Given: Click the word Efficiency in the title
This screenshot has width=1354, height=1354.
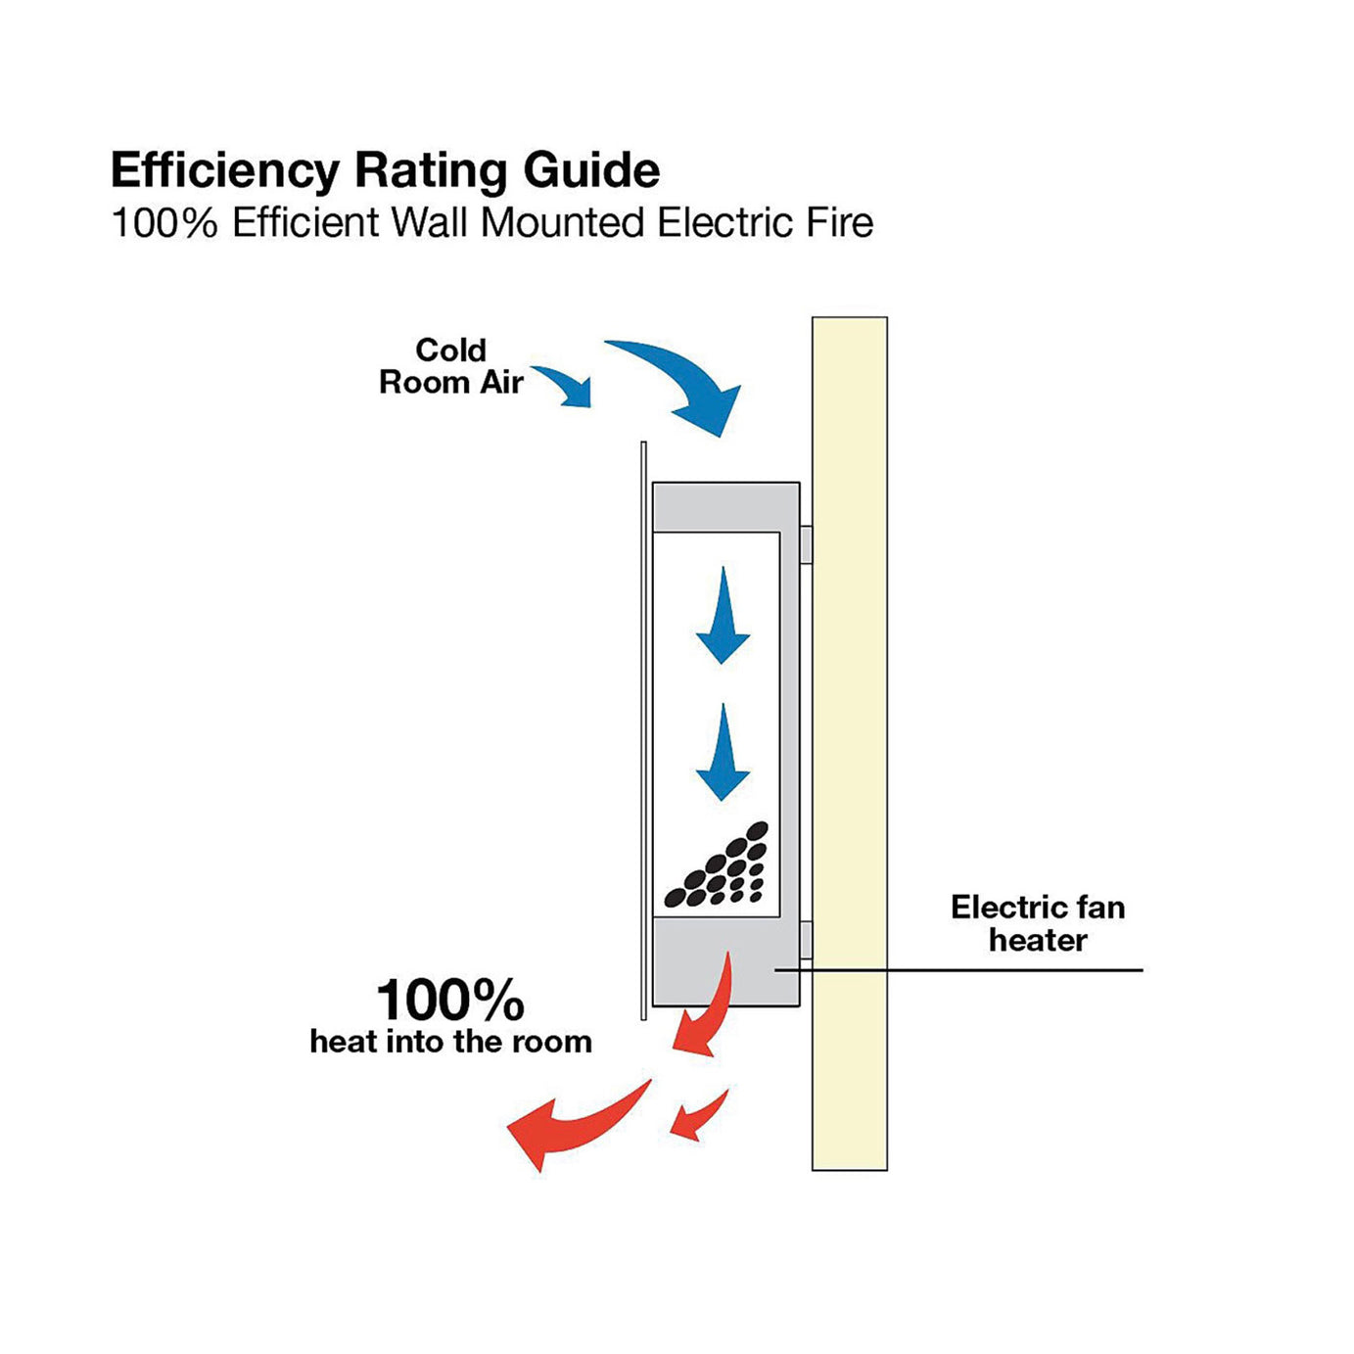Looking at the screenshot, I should [x=224, y=171].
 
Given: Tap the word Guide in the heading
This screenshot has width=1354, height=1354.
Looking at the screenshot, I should [x=591, y=171].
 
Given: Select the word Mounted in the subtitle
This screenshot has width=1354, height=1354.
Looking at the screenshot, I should [x=562, y=223].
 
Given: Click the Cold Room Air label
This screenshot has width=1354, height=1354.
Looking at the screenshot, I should [x=451, y=366].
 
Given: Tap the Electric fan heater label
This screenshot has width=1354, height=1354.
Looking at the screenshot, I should [x=1038, y=923].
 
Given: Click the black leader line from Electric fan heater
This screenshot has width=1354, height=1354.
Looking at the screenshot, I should [x=979, y=970].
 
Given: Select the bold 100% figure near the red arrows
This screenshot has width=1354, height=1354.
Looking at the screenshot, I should [x=450, y=1001].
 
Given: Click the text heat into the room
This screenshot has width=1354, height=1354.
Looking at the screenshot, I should [x=451, y=1042].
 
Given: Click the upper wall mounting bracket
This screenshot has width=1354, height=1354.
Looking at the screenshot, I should [x=806, y=544].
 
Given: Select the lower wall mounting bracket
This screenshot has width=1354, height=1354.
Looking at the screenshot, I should [x=806, y=940].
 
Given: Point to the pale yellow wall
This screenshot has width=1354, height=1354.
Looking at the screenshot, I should [x=849, y=744].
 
